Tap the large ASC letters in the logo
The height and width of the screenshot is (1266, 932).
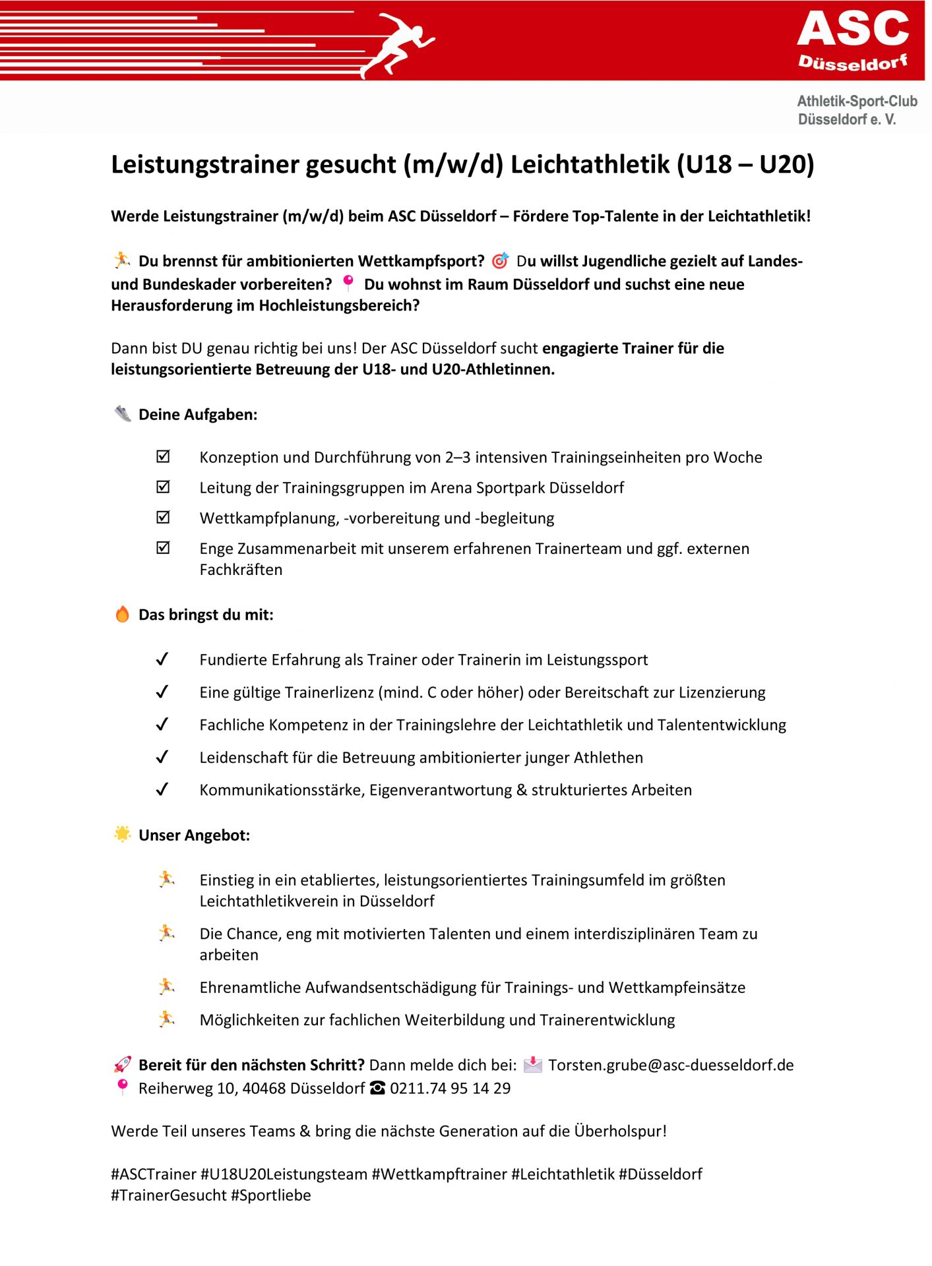pos(852,29)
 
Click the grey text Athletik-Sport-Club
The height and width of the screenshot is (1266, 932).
pos(857,101)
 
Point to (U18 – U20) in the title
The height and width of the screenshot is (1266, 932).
pos(745,164)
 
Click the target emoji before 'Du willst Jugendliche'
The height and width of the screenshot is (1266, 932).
pos(501,261)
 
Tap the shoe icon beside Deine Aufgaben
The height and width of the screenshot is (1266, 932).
pos(123,414)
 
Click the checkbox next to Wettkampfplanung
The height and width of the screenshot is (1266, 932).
pos(163,518)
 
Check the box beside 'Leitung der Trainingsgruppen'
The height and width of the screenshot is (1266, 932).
pos(163,487)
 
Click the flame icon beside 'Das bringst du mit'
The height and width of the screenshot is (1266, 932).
pos(123,615)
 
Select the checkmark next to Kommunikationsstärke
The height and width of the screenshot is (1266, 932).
pos(162,789)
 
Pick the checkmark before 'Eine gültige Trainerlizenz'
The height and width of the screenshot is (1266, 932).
pos(162,692)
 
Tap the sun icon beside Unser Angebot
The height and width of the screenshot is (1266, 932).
pos(123,834)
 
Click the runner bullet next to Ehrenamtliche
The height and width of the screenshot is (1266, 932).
pos(167,986)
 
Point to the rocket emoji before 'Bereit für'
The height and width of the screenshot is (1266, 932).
pos(123,1064)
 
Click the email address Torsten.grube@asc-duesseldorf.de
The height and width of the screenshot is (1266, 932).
pos(671,1065)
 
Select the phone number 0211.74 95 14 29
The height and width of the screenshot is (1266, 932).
pos(450,1088)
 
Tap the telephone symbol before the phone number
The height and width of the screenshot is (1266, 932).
pos(377,1088)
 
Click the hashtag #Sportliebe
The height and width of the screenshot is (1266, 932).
pos(270,1195)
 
